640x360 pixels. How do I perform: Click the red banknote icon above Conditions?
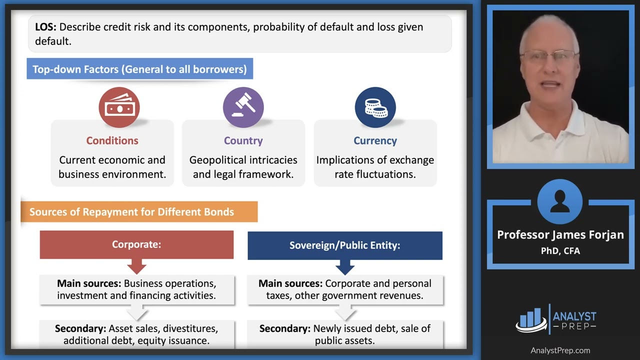[119, 107]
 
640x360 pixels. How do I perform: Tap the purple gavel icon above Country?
[243, 107]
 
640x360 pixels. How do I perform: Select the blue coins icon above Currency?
[375, 107]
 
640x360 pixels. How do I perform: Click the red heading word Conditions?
[112, 140]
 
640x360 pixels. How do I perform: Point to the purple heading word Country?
[243, 140]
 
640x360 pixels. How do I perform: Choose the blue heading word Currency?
[375, 140]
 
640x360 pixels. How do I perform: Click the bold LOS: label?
[45, 27]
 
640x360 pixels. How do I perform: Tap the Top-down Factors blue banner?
[139, 69]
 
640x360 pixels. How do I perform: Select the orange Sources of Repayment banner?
[138, 211]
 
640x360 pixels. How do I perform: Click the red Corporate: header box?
[136, 244]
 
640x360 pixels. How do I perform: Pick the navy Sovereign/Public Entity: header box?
[344, 245]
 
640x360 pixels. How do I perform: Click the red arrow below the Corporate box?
[136, 265]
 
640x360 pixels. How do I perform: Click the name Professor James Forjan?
[560, 234]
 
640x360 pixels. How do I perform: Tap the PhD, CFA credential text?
[560, 250]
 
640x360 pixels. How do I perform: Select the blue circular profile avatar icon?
[559, 202]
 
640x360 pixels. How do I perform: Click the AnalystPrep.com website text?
[560, 350]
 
